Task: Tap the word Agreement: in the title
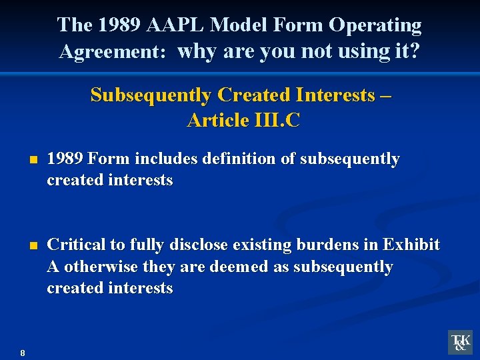[x=113, y=51]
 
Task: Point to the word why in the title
[x=198, y=51]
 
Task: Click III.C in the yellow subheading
[x=277, y=120]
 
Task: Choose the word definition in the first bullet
[x=241, y=159]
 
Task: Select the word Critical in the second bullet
[x=77, y=245]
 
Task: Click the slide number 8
[x=23, y=353]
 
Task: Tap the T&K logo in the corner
[x=460, y=342]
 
